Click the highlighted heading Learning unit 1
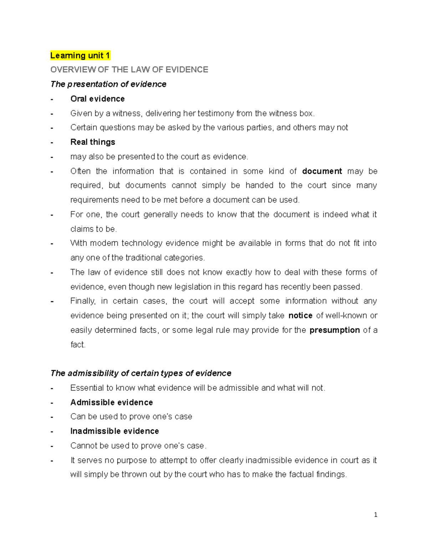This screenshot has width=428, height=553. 80,56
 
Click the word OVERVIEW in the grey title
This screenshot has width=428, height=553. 73,70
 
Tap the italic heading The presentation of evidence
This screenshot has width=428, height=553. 108,84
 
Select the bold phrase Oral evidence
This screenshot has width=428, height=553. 97,99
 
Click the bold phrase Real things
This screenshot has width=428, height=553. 93,142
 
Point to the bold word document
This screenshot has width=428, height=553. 322,171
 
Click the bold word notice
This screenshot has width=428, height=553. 300,316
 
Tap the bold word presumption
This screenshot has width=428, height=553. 335,330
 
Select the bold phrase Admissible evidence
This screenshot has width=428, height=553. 112,402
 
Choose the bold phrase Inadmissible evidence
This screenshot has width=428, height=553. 114,431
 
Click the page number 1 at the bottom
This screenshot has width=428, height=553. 376,515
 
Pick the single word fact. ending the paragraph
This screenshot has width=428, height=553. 78,345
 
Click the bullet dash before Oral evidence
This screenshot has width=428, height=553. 52,99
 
